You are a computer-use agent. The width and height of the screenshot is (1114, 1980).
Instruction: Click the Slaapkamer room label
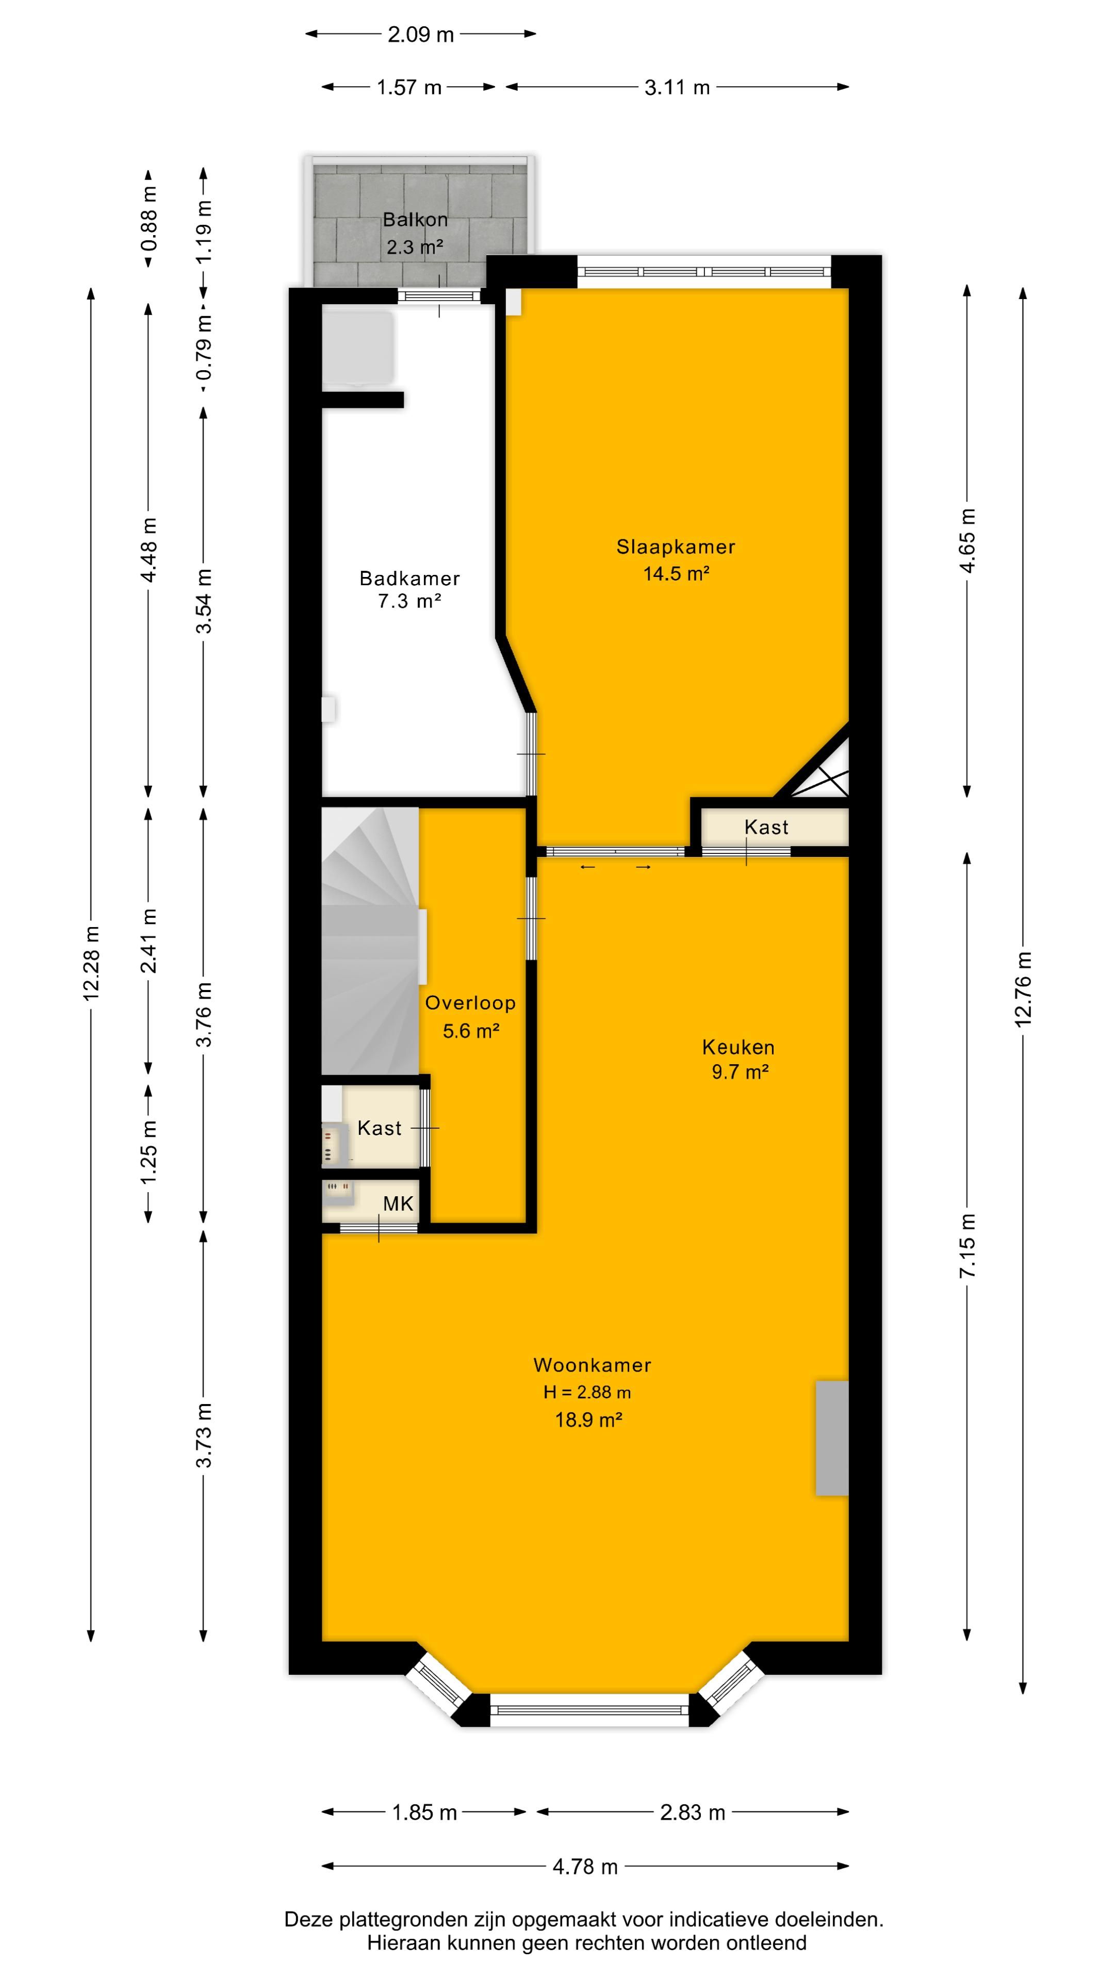tap(676, 547)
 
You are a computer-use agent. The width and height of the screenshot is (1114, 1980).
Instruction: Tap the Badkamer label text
tap(410, 578)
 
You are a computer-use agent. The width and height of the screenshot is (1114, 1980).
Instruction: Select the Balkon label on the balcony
tap(415, 219)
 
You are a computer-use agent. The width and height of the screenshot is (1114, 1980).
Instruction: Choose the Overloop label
tap(470, 1002)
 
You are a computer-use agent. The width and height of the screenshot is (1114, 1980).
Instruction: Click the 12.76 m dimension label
tap(1023, 989)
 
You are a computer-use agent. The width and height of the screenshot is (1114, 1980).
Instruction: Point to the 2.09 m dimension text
tap(420, 35)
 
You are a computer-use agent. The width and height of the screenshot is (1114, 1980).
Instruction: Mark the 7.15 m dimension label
tap(967, 1245)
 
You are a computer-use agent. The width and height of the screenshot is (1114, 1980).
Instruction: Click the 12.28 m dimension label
tap(91, 963)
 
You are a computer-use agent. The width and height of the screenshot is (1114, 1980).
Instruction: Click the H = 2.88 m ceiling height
tap(587, 1392)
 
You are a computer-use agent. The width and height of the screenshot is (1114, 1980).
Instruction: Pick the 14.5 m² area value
tap(676, 573)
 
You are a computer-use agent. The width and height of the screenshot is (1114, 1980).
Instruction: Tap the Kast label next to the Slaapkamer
tap(766, 827)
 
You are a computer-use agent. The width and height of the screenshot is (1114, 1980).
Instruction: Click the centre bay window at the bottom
tap(589, 1710)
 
